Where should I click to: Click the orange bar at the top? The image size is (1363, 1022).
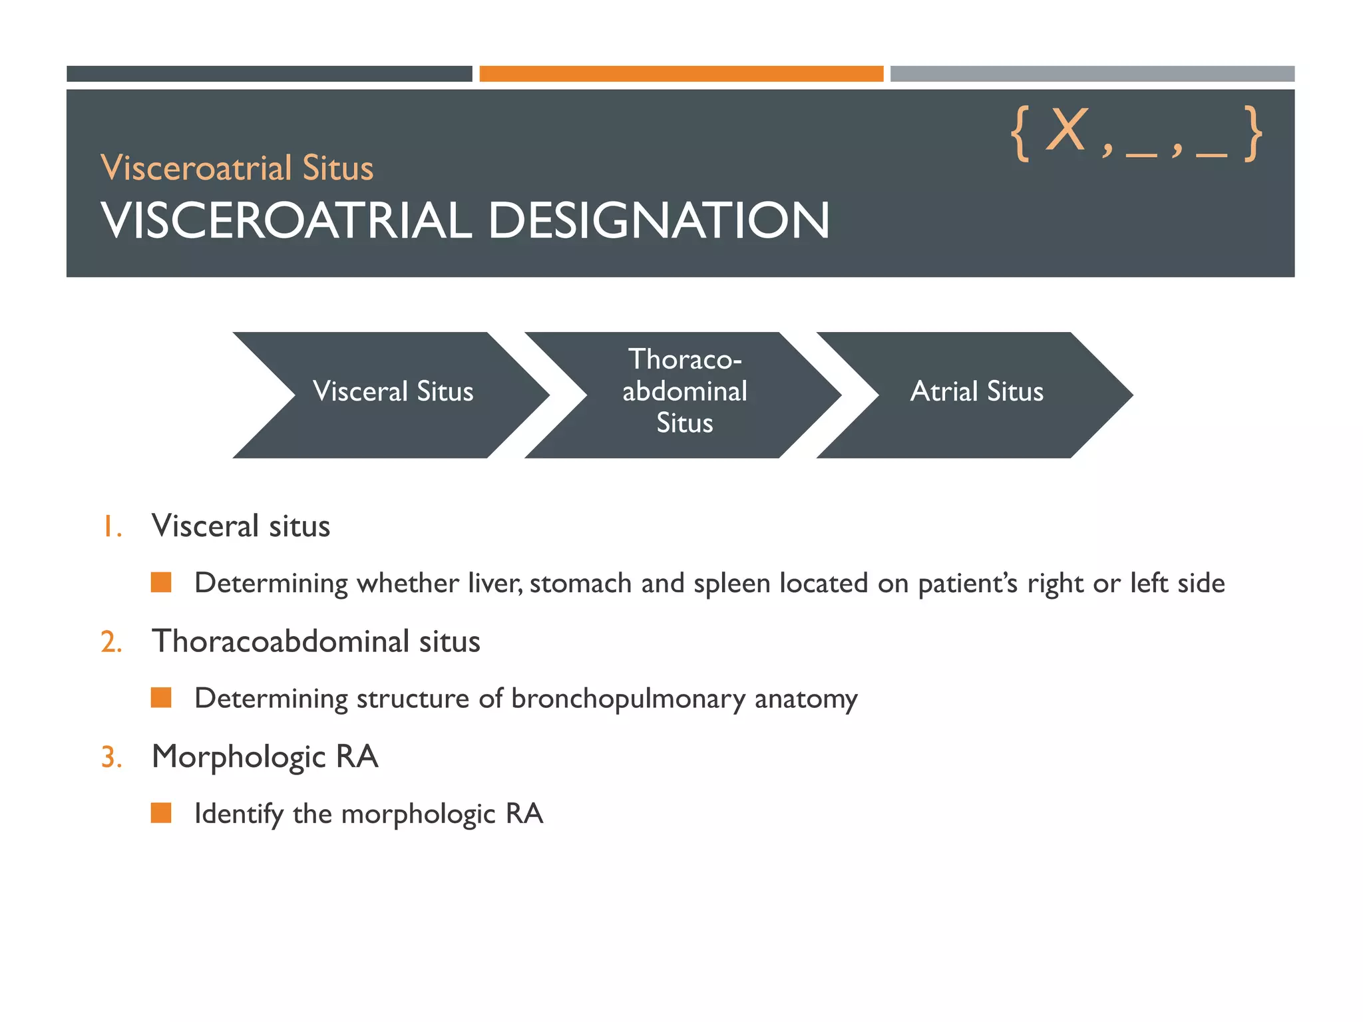[681, 74]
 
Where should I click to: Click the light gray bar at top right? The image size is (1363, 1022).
[1091, 74]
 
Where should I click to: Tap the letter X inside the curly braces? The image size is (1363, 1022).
[1066, 130]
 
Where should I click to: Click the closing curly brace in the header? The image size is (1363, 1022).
[1253, 133]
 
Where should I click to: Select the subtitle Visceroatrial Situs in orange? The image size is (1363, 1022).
[237, 168]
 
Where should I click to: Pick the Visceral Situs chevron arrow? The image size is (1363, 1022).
[393, 395]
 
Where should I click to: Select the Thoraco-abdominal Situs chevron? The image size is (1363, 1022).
[684, 395]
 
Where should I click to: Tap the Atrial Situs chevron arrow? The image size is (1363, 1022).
[976, 395]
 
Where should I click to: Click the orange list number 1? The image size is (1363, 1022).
[111, 527]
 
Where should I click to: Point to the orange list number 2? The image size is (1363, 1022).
[111, 642]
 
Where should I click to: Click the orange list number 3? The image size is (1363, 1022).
[111, 757]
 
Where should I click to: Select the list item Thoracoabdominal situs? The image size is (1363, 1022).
[315, 641]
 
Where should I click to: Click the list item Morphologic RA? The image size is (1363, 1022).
[265, 757]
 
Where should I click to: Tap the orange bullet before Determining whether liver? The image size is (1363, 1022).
[161, 583]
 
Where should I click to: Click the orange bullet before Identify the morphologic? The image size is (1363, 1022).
[161, 813]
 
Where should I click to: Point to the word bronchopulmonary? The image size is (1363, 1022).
[628, 699]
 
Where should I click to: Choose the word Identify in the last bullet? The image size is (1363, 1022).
[239, 814]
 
